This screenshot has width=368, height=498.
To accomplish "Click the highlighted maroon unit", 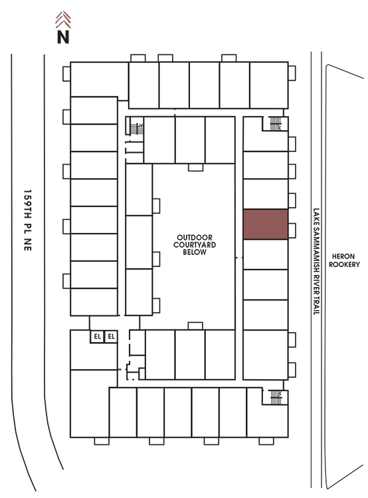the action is pos(265,224).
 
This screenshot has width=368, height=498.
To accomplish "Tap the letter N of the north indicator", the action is pos(63,37).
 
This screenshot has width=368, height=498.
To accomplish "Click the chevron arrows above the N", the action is pos(63,20).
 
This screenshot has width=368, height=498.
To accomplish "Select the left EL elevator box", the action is pos(97,337).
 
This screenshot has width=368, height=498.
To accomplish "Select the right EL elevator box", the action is pos(111,337).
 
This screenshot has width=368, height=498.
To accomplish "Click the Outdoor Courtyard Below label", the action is pos(195,244).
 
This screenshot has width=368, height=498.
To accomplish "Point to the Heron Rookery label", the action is pos(344,260).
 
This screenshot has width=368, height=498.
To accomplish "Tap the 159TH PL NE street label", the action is pos(28,220).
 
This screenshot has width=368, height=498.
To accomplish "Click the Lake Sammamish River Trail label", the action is pos(316,262).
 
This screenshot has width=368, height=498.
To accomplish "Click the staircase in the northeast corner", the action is pos(275,124).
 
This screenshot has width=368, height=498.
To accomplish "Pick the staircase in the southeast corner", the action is pos(276,397).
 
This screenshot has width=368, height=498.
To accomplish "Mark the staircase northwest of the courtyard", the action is pos(137,129).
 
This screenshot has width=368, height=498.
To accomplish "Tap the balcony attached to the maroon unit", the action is pos(292,230).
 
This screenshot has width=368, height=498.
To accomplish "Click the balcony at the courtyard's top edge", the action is pos(195,167).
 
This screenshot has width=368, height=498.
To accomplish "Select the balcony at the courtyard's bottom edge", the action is pos(195,326).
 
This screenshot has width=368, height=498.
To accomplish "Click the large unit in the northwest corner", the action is pos(99,80).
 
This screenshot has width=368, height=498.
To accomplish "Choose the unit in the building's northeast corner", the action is pos(269,85).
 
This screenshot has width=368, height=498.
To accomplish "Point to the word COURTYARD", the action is pos(195,244).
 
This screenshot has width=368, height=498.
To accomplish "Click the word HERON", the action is pos(343,256).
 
